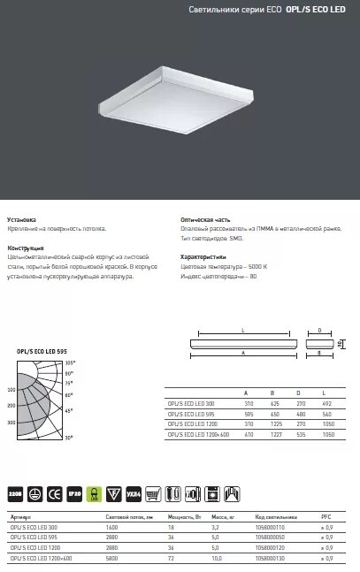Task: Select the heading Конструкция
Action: (26, 249)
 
